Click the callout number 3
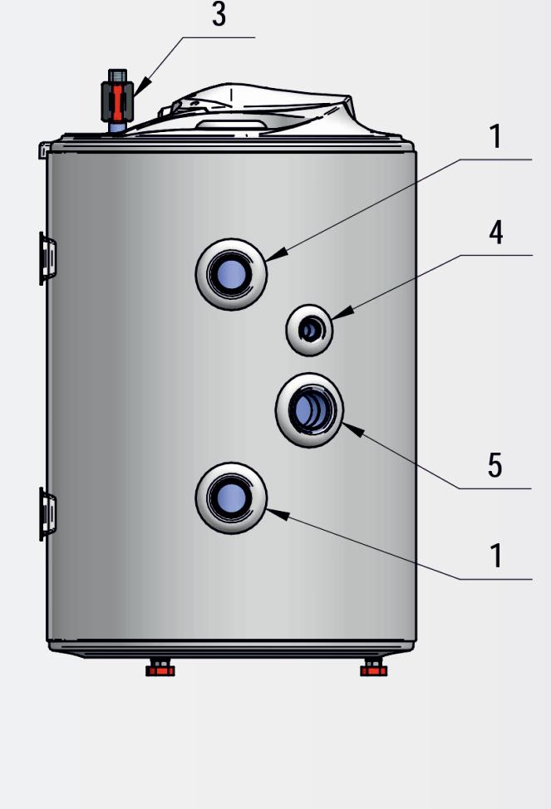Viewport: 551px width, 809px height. click(x=219, y=15)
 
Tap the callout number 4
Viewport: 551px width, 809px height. click(x=495, y=233)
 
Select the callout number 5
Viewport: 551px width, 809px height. click(x=494, y=466)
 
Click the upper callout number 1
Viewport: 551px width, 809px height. click(x=495, y=137)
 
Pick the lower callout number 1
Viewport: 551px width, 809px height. click(x=495, y=555)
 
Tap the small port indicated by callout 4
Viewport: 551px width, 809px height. click(x=309, y=331)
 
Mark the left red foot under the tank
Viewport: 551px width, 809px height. click(x=160, y=667)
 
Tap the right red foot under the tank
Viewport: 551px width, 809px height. click(x=374, y=667)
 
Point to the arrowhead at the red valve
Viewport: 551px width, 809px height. click(x=141, y=86)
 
